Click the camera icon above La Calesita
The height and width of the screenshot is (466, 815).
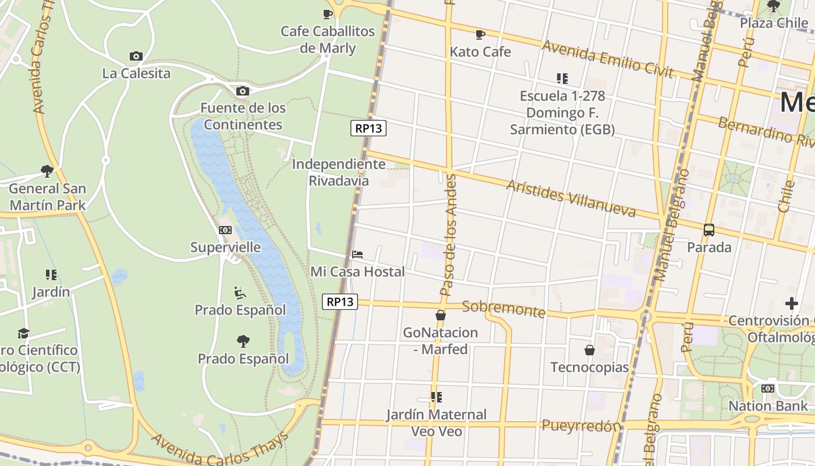tap(136, 57)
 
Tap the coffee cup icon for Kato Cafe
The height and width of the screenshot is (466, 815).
tap(480, 35)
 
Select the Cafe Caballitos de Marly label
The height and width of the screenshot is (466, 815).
tap(328, 39)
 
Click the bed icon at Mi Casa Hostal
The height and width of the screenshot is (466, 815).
tap(357, 255)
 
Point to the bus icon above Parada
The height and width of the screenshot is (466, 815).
tap(709, 230)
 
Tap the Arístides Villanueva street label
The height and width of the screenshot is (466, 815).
tap(570, 198)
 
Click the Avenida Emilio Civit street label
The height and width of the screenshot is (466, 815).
tap(608, 59)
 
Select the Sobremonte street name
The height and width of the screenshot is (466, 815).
tap(504, 309)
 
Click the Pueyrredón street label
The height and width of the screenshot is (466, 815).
tap(580, 426)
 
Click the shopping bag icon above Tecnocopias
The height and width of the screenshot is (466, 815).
tap(590, 350)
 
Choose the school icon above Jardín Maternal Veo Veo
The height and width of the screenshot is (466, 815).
tap(436, 397)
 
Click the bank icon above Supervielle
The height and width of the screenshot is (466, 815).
tap(225, 230)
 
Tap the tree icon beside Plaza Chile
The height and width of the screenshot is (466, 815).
tap(774, 6)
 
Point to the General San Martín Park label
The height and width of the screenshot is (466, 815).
tap(48, 197)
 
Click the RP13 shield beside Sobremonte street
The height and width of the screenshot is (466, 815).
tap(340, 302)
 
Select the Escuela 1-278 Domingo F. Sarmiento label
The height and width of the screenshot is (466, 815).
tap(562, 112)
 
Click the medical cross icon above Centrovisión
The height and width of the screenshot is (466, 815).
tap(791, 303)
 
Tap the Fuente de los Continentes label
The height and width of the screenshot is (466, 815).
tap(243, 116)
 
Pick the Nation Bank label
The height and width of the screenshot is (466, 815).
tap(768, 406)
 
